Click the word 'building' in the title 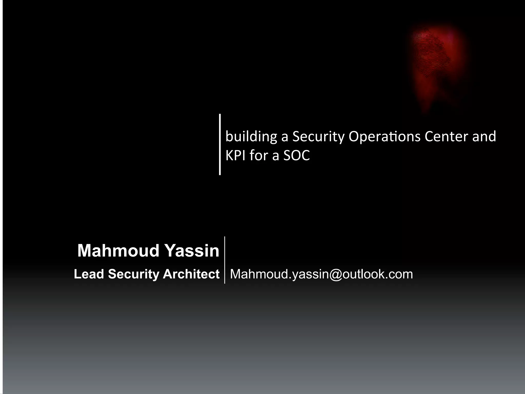(251, 136)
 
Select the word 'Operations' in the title (384, 136)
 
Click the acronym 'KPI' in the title (235, 155)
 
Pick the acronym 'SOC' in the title (297, 155)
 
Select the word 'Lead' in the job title (89, 274)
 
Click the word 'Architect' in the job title (191, 274)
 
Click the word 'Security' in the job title (133, 274)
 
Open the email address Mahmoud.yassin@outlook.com (321, 274)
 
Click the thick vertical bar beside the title (220, 144)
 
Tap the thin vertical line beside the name (225, 260)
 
